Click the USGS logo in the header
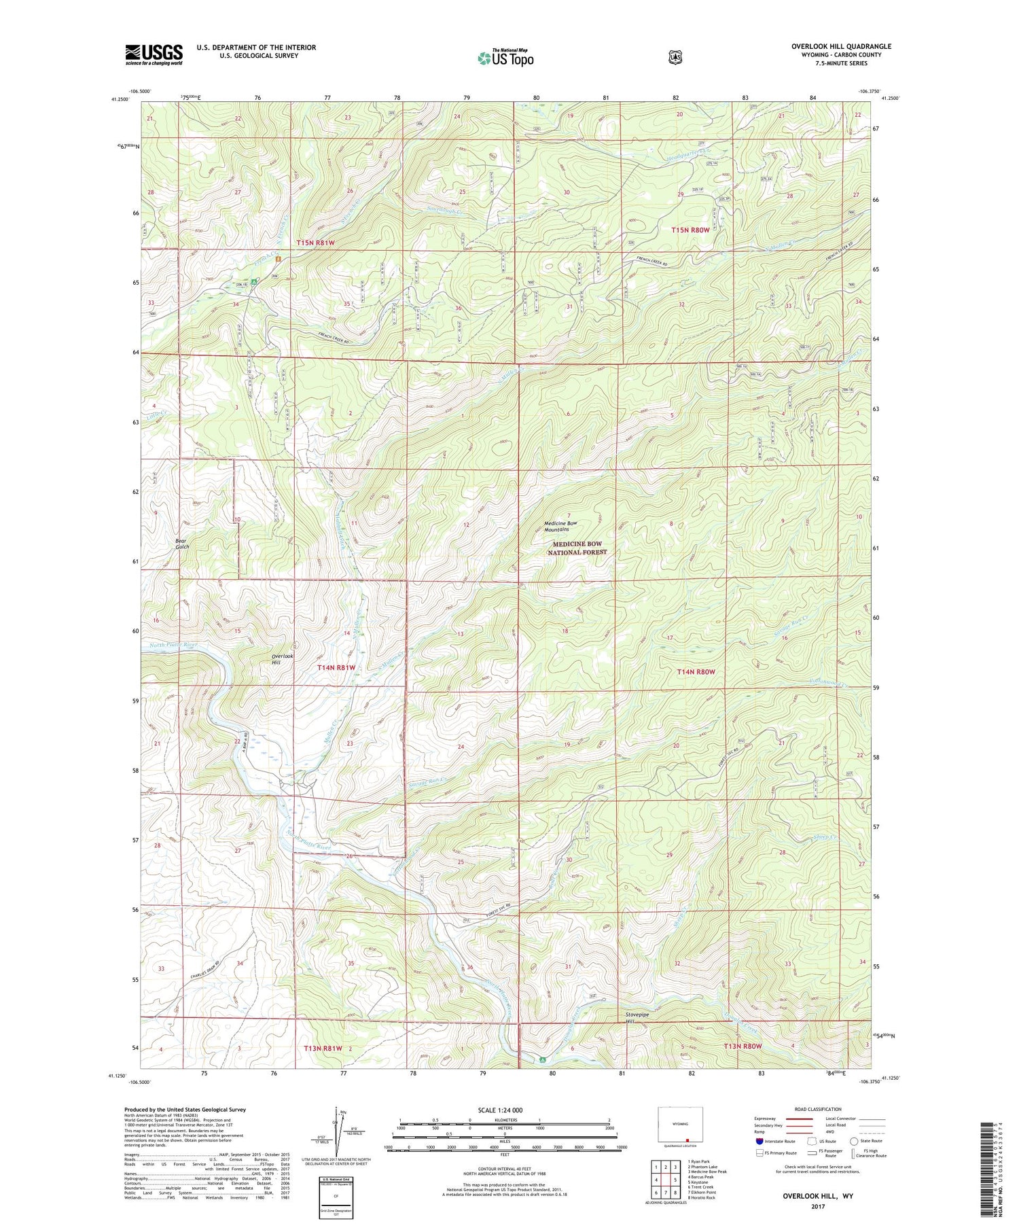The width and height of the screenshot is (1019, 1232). click(154, 54)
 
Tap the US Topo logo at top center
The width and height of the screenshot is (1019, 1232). click(505, 58)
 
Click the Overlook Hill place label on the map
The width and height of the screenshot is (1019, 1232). click(282, 659)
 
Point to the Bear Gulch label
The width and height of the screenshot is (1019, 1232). click(181, 544)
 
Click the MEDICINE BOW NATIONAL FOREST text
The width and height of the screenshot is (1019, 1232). click(577, 548)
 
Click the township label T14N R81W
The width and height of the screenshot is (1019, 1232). click(336, 668)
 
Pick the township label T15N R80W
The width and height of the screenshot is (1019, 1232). click(690, 230)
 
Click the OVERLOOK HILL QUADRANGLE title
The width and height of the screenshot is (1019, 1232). click(840, 46)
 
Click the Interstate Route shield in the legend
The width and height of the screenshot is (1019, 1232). click(759, 1142)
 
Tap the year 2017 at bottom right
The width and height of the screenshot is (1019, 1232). click(817, 1206)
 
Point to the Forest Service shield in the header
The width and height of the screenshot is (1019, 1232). click(675, 58)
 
